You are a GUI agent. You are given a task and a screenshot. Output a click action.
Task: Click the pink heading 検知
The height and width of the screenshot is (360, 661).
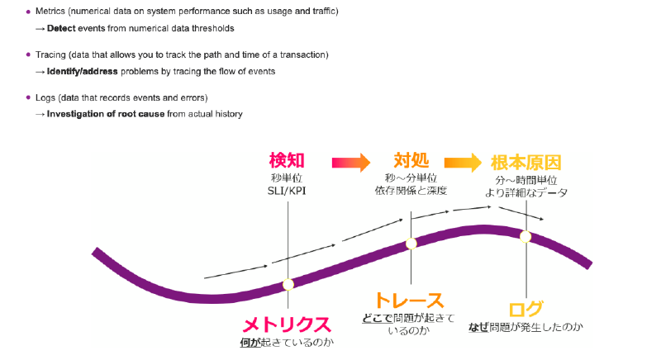288,160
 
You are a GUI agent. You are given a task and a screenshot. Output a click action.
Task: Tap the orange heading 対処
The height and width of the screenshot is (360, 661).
411,160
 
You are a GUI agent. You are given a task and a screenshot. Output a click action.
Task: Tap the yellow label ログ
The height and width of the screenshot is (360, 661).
525,310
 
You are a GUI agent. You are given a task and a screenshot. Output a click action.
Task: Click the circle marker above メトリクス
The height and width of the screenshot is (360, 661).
288,285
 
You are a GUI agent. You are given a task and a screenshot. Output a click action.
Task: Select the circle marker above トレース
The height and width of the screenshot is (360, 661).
411,244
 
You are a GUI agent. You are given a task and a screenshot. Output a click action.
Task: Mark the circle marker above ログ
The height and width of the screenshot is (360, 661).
525,235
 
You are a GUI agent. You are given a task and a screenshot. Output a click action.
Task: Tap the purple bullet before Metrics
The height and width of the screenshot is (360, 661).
28,12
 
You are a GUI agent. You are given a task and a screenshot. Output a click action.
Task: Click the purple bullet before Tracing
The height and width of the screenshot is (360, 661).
28,55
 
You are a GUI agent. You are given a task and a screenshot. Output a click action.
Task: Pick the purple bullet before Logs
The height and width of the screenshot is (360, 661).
28,98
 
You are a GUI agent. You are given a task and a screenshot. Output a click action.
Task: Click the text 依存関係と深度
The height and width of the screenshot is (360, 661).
411,192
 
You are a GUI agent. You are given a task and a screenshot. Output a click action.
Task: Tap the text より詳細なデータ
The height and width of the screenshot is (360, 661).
525,192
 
